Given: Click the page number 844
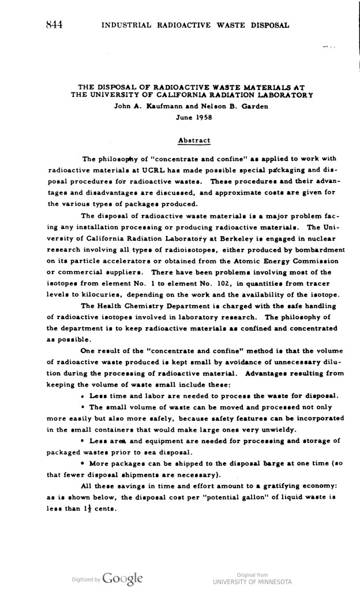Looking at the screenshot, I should click(52, 24).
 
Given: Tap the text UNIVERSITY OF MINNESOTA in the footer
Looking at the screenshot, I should click(252, 581).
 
